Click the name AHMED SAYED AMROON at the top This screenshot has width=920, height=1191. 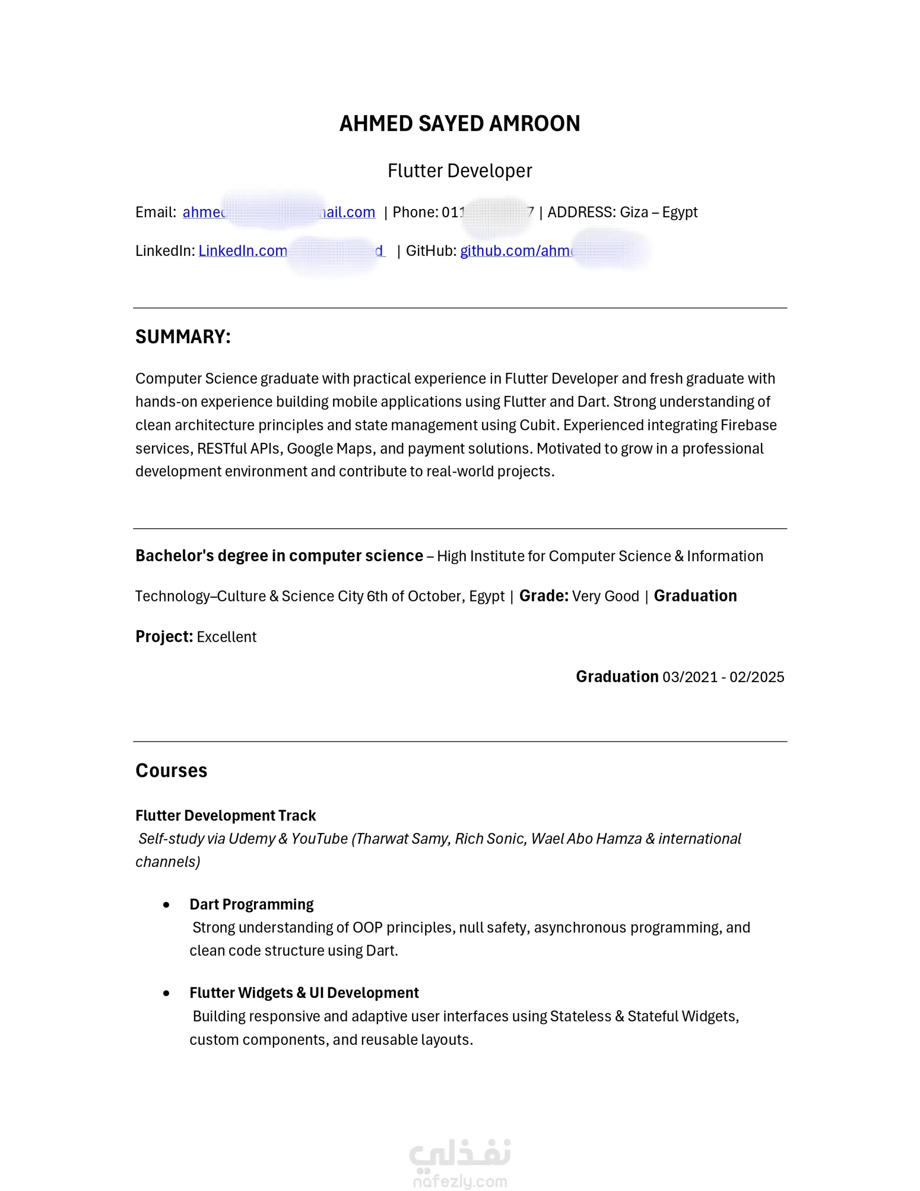[x=459, y=124]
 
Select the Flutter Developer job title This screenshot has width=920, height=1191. [x=459, y=171]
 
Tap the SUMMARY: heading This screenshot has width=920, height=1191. [x=183, y=336]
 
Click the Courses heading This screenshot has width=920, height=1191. [x=171, y=770]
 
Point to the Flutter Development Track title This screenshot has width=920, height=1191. [x=225, y=815]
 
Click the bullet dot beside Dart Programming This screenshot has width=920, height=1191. [x=166, y=905]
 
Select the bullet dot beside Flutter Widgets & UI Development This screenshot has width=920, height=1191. [x=166, y=993]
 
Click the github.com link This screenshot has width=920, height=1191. [x=516, y=251]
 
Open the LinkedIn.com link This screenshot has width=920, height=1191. [x=242, y=251]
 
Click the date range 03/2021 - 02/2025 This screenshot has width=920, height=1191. [x=723, y=677]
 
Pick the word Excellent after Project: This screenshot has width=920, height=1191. [x=226, y=637]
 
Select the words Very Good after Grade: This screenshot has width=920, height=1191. [x=605, y=596]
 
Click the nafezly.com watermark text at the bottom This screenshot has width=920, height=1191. [x=459, y=1181]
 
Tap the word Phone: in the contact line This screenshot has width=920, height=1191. [x=415, y=212]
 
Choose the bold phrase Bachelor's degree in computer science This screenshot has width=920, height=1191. [x=279, y=555]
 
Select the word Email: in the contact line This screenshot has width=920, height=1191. [x=155, y=212]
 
